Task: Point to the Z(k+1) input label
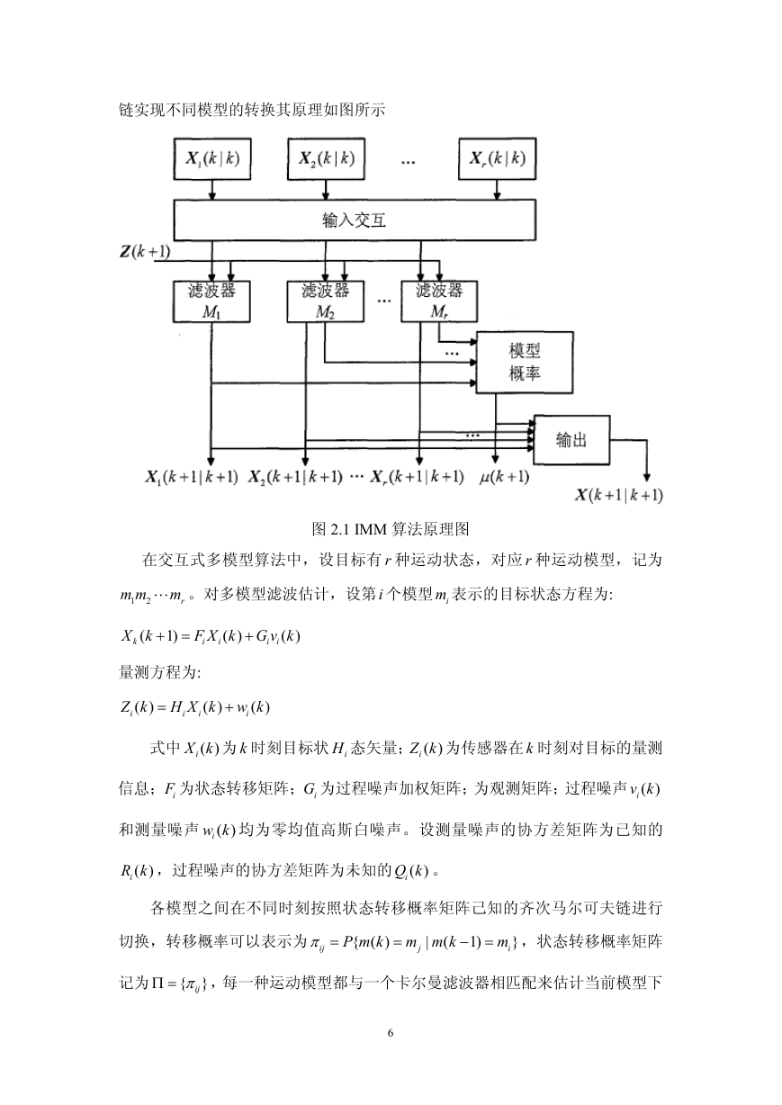tap(145, 252)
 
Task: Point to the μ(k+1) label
tap(504, 477)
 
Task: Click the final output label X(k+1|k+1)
tap(619, 495)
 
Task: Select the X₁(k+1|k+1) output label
tap(192, 477)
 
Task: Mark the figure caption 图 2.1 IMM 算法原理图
tap(391, 529)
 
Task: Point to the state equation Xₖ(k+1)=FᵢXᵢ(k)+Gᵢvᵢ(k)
tap(211, 636)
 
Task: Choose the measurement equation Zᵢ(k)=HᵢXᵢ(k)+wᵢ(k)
tap(195, 707)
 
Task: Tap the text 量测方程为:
tap(160, 672)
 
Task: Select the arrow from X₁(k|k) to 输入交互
tap(212, 190)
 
